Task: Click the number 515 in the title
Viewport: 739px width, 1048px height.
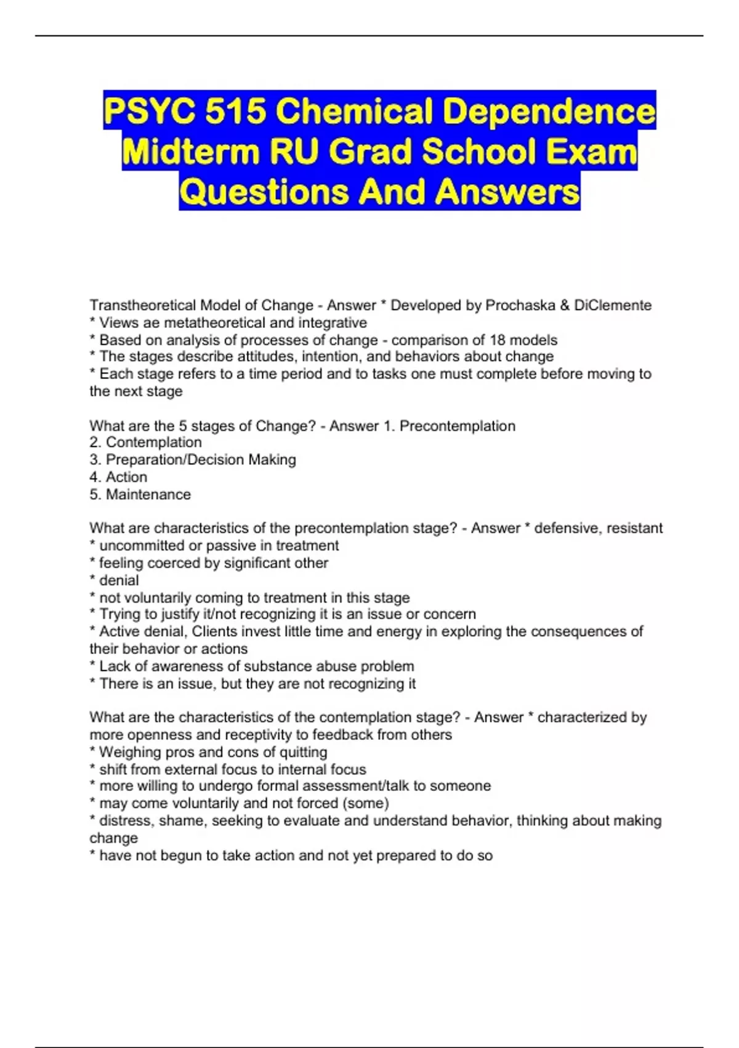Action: click(x=235, y=111)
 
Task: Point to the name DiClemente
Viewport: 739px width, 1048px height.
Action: click(x=613, y=305)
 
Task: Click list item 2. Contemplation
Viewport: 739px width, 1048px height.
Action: click(x=146, y=442)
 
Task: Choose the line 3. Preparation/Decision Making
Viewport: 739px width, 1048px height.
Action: click(x=193, y=459)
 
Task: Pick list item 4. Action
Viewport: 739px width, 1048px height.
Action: click(x=118, y=477)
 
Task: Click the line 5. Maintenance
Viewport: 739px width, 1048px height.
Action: click(x=140, y=494)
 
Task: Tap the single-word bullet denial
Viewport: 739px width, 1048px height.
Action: click(x=119, y=580)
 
